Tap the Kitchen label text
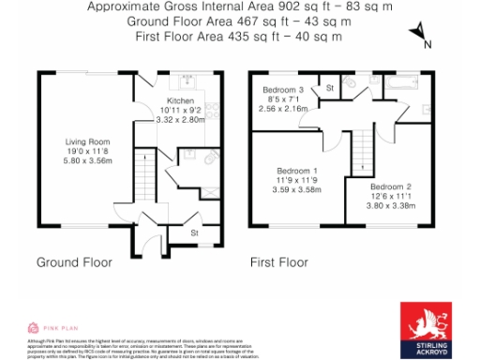pyautogui.click(x=180, y=100)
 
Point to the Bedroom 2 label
pyautogui.click(x=391, y=187)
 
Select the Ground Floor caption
pyautogui.click(x=74, y=262)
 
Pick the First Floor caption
pyautogui.click(x=278, y=262)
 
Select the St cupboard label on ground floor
pyautogui.click(x=194, y=231)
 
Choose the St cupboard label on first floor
pyautogui.click(x=329, y=88)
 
